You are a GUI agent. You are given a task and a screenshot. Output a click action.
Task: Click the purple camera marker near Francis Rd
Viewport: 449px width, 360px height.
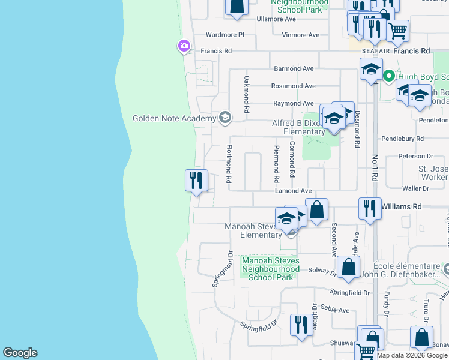coord(184,46)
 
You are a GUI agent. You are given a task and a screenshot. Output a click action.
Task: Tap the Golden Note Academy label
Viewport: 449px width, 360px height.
coord(174,118)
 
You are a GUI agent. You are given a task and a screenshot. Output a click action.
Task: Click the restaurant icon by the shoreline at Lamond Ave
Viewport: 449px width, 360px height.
coord(197,180)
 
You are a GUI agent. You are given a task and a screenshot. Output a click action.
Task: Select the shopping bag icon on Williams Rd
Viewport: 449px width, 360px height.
coord(317,210)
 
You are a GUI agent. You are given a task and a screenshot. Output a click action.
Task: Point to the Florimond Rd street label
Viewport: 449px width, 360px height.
coord(229,163)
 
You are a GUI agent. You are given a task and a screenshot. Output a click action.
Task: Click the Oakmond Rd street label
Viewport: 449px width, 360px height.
coord(246,94)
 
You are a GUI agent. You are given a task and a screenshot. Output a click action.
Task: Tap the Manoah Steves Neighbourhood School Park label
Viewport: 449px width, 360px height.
coord(270,269)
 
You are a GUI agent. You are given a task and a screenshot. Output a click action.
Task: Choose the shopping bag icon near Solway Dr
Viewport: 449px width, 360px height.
coord(348,267)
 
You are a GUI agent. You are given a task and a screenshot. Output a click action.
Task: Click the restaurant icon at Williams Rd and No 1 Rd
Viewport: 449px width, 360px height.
coord(370,209)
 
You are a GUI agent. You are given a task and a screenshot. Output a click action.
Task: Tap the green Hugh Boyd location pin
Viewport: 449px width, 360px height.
coord(388,76)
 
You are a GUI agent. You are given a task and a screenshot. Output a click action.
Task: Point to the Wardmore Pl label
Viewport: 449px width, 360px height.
coord(224,35)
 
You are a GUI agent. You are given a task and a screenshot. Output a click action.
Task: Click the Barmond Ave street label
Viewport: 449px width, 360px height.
coord(294,69)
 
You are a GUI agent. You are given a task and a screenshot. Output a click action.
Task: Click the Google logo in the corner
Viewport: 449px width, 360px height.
coord(20,353)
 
